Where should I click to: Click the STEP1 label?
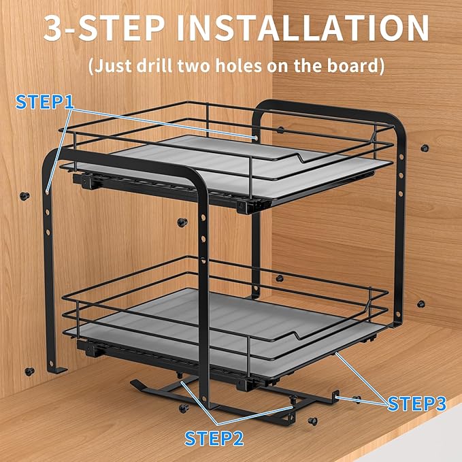[44, 102]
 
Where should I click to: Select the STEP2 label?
[214, 438]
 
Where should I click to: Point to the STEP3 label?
[416, 403]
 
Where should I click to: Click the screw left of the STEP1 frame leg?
[25, 196]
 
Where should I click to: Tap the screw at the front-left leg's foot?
[29, 372]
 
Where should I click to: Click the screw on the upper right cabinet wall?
[425, 148]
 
